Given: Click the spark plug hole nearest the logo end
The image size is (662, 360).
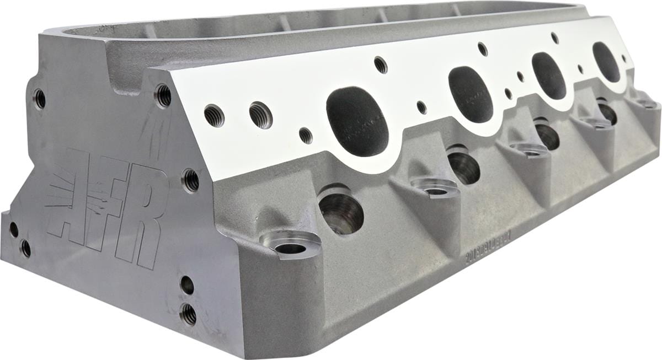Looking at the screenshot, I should point(341,210).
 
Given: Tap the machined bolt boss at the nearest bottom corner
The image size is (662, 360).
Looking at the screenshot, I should point(290,246).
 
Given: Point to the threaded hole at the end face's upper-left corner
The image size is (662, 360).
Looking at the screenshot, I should point(39,99).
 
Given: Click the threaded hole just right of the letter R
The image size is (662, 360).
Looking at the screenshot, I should point(190,180).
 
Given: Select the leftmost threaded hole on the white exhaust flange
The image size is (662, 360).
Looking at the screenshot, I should point(214,115).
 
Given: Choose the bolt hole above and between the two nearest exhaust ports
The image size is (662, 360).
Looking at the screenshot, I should point(381,65).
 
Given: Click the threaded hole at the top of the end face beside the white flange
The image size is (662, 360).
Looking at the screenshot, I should point(163,95).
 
